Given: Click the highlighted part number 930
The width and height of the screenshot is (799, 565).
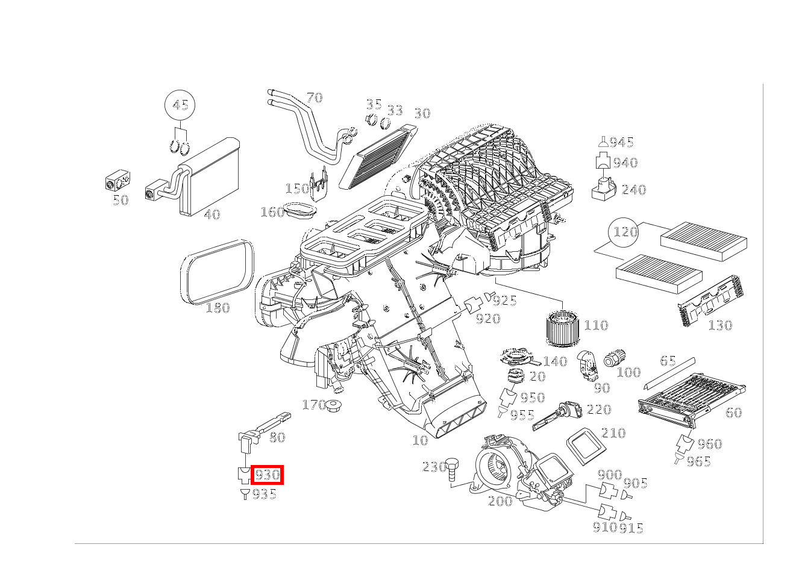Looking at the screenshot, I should pyautogui.click(x=267, y=475).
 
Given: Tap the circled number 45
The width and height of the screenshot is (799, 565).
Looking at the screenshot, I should pyautogui.click(x=180, y=105).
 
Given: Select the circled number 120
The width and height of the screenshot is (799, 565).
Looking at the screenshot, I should pyautogui.click(x=625, y=232).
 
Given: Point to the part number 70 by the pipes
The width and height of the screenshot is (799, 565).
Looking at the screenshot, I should pyautogui.click(x=314, y=98).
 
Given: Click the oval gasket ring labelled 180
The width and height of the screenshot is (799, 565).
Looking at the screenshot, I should pyautogui.click(x=218, y=272).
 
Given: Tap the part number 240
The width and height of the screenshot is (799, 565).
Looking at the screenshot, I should pyautogui.click(x=633, y=190).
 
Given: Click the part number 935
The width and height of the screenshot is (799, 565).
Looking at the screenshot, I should pyautogui.click(x=264, y=494).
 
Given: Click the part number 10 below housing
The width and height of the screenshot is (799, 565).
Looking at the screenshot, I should pyautogui.click(x=420, y=440).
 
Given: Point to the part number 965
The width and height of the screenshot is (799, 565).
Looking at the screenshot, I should pyautogui.click(x=698, y=462).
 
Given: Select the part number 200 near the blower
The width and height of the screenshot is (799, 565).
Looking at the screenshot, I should pyautogui.click(x=500, y=501).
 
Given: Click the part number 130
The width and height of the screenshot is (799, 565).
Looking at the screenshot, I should pyautogui.click(x=719, y=325).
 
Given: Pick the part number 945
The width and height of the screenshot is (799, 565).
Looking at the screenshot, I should pyautogui.click(x=621, y=142).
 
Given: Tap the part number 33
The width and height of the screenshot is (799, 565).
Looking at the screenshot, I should pyautogui.click(x=395, y=110).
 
